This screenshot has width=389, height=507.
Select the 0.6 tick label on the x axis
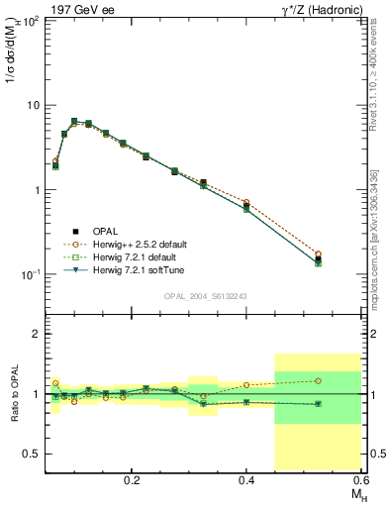click(361, 479)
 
